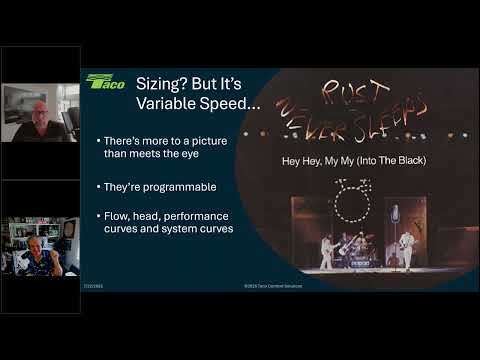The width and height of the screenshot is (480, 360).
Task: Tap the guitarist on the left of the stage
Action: [326, 250]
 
